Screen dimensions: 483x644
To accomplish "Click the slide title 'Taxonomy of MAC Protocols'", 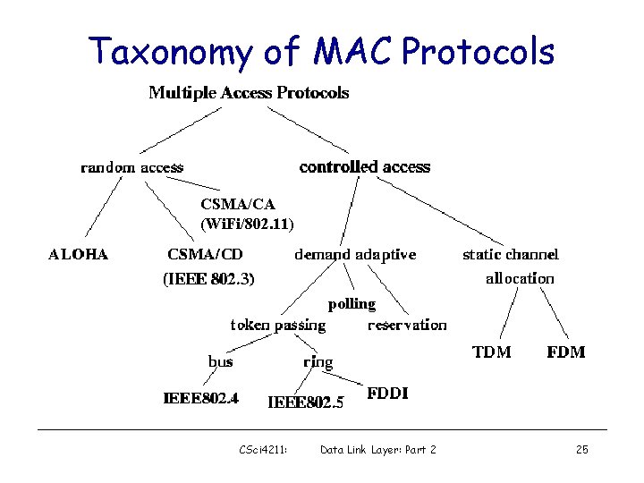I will point(322,52).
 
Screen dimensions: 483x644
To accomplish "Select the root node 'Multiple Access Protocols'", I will point(249,93).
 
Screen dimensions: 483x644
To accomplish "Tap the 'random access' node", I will point(131,167).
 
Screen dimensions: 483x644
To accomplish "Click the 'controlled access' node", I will point(364,167).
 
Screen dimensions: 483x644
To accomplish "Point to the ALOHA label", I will point(78,254).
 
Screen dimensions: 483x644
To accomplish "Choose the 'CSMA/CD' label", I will point(205,254).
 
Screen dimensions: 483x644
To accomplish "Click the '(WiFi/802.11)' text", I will point(248,222).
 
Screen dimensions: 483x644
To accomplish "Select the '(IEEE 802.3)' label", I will point(208,279).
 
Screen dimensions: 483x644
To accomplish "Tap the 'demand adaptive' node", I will point(355,254).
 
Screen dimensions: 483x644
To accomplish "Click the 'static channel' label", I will point(510,255).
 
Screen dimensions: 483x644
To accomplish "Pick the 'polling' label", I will point(352,304).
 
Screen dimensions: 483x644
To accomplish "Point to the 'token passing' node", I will point(278,325).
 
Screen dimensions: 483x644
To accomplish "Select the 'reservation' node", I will point(407,325).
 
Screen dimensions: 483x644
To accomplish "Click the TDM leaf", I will point(491,352).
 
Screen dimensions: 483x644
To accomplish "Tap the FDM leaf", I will point(565,352).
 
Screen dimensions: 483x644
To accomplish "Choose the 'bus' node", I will point(220,361).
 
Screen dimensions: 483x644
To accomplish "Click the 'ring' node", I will point(318,362).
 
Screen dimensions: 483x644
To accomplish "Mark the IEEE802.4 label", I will point(200,398).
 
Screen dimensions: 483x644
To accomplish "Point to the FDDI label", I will point(387,394).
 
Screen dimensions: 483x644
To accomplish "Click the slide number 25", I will point(581,449).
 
